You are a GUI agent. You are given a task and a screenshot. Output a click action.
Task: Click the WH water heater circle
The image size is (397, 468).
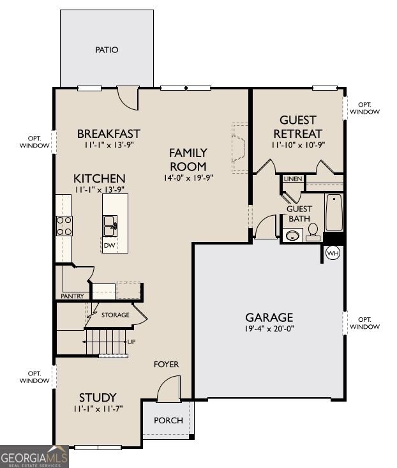(x=333, y=253)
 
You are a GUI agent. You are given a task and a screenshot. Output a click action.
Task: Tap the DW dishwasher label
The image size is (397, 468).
(x=110, y=246)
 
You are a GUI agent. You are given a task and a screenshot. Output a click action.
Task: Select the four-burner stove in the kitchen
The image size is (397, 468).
(x=64, y=226)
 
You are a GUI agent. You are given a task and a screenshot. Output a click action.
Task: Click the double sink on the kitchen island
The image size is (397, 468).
(x=110, y=225)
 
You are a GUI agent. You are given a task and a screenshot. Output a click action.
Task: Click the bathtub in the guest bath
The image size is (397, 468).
(x=334, y=212)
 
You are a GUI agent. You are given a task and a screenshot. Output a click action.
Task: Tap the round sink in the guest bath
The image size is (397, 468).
(x=292, y=236)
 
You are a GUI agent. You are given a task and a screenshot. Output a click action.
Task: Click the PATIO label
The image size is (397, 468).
(x=107, y=50)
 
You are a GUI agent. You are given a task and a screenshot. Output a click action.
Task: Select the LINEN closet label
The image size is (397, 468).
(x=293, y=179)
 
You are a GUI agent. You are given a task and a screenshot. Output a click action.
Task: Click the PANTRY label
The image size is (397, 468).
(x=72, y=296)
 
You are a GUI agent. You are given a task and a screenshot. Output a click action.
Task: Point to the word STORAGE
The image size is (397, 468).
(x=116, y=315)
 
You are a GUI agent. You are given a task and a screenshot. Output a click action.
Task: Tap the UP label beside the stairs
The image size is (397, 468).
(x=131, y=342)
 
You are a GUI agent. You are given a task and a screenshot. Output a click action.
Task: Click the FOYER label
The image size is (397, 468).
(x=166, y=364)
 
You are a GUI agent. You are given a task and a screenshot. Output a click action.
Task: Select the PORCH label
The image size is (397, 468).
(x=169, y=421)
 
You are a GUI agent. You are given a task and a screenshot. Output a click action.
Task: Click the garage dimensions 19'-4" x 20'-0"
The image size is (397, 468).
(x=269, y=329)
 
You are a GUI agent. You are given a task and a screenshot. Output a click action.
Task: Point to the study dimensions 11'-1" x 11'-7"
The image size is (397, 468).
(x=98, y=409)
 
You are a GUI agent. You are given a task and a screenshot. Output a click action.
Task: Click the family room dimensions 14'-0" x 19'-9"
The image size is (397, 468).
(x=188, y=178)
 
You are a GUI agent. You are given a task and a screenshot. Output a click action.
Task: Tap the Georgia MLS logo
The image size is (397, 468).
(x=34, y=457)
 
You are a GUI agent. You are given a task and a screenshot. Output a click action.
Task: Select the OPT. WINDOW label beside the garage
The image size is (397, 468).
(x=364, y=323)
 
